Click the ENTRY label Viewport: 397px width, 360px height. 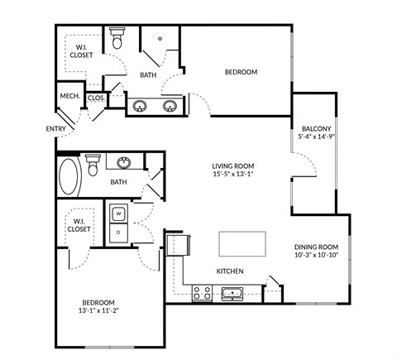55,129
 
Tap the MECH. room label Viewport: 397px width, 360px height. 69,97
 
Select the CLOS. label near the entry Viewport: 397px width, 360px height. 96,97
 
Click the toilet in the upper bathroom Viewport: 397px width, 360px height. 117,38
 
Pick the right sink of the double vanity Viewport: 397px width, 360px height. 170,106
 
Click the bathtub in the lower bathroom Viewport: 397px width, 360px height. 69,175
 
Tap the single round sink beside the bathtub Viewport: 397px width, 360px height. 124,162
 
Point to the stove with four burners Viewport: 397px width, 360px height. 201,292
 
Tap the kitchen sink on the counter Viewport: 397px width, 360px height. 231,292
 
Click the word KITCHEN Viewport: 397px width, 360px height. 229,271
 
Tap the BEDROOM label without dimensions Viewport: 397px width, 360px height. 241,72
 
